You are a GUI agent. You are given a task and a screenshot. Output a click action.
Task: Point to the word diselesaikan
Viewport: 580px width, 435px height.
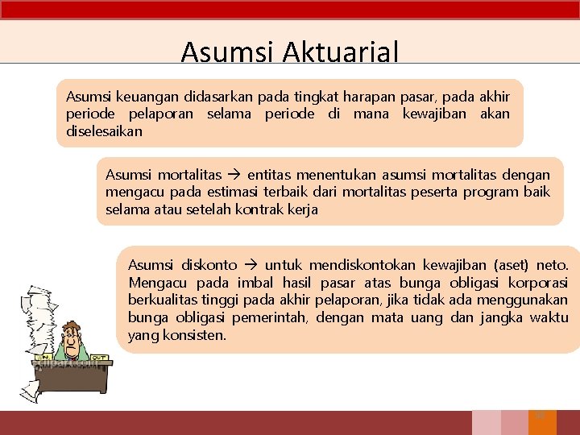tap(104, 130)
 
